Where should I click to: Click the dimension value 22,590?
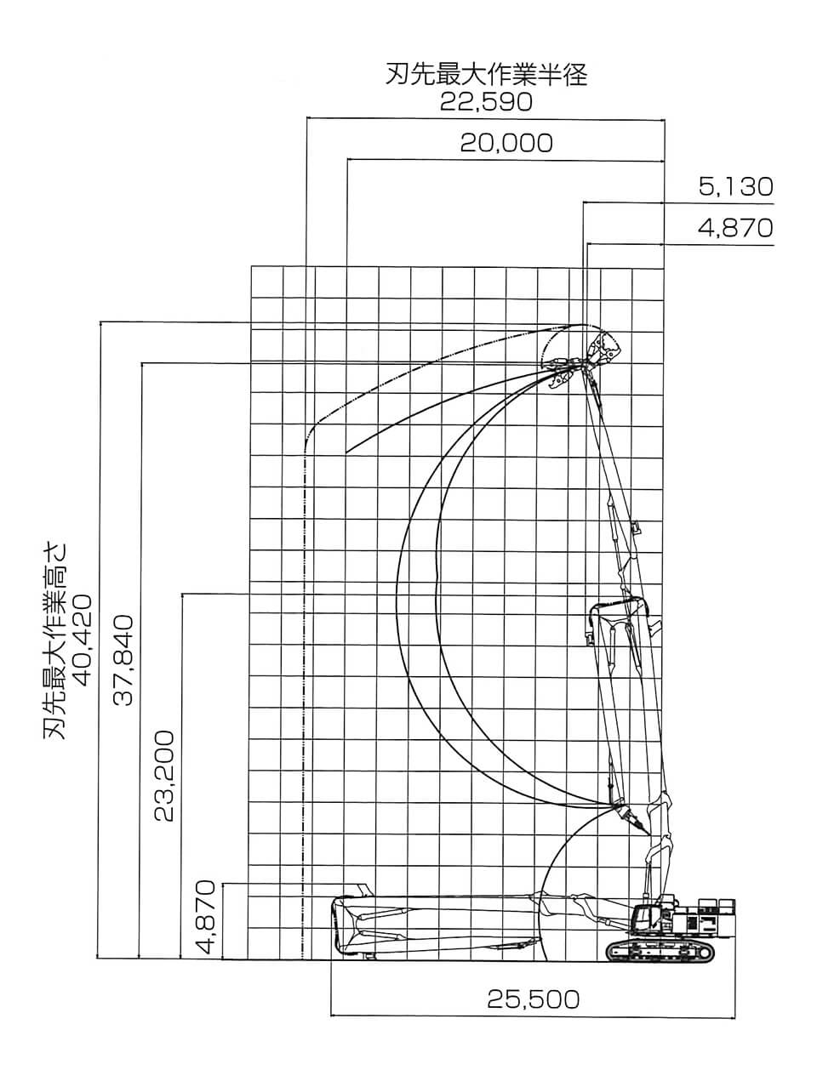click(x=486, y=103)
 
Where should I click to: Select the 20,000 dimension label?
click(x=506, y=144)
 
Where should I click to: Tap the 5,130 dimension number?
click(x=736, y=187)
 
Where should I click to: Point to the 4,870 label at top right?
click(x=735, y=228)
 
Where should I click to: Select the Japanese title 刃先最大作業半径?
click(x=486, y=75)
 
